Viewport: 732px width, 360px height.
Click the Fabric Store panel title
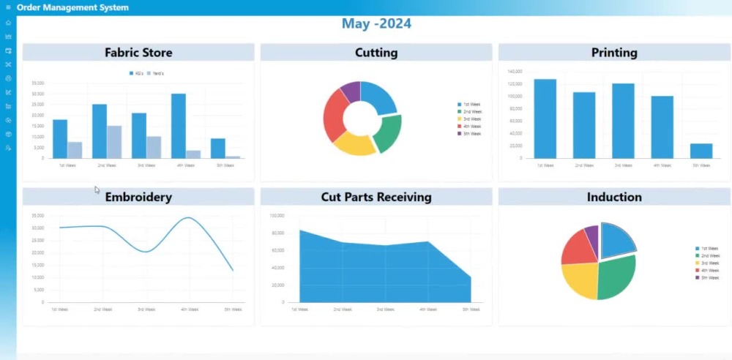138,53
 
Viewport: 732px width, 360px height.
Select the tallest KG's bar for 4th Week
179,126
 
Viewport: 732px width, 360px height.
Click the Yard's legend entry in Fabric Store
155,74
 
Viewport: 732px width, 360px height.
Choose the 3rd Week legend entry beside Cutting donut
469,119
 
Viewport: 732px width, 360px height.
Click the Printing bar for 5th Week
701,150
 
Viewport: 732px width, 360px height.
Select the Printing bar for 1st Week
545,118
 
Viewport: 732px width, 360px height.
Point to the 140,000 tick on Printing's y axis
514,72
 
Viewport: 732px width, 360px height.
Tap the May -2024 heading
376,23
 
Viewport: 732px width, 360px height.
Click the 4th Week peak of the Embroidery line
189,218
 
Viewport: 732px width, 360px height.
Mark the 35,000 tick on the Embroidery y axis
37,215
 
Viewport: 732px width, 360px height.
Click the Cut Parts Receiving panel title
376,197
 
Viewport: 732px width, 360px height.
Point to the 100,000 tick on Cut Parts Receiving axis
277,216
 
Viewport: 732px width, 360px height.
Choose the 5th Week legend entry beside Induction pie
707,278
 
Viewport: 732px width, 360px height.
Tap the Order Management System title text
72,7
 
